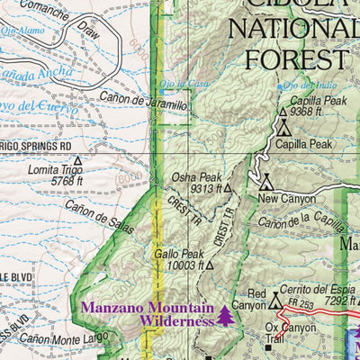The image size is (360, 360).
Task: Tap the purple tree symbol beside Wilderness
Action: (x=225, y=317)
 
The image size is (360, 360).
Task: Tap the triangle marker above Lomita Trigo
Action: (x=77, y=161)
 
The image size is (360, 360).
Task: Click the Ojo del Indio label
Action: (x=294, y=85)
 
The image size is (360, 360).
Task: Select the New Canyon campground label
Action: (x=287, y=198)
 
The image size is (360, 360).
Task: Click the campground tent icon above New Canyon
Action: (x=266, y=183)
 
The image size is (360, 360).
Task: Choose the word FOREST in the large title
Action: (x=288, y=58)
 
